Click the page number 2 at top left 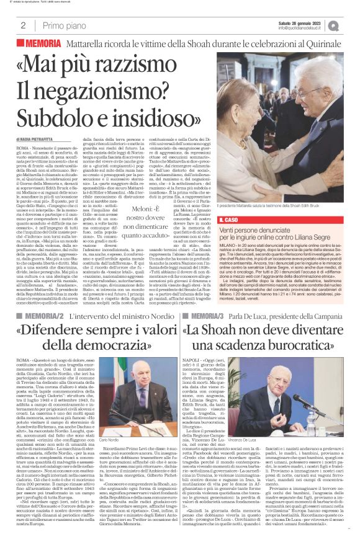(x=23, y=25)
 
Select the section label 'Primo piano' (x=63, y=25)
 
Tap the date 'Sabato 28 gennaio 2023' (x=303, y=22)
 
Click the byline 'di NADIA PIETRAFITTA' (x=40, y=141)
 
